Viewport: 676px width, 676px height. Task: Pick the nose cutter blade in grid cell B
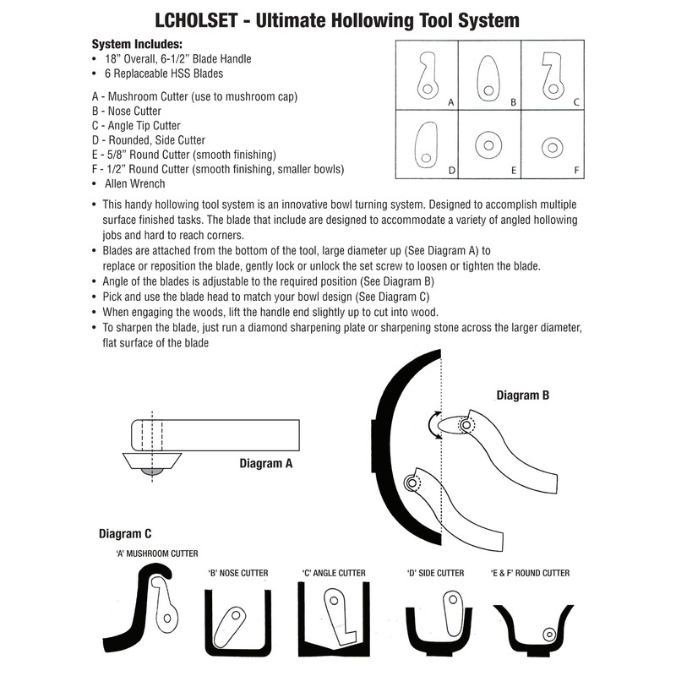[x=489, y=77]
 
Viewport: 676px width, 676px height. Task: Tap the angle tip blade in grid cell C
[x=553, y=77]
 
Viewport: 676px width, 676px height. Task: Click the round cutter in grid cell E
[x=489, y=145]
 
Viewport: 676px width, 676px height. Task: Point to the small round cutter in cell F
[x=553, y=147]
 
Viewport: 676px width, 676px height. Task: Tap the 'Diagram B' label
[x=524, y=395]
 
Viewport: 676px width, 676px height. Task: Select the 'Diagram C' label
[x=125, y=533]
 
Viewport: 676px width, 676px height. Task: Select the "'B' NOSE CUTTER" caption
[x=238, y=573]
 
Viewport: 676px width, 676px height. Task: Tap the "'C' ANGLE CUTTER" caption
[x=334, y=573]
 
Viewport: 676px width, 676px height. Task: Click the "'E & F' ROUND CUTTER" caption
[x=530, y=573]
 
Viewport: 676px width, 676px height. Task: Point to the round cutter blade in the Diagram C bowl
[x=550, y=634]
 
